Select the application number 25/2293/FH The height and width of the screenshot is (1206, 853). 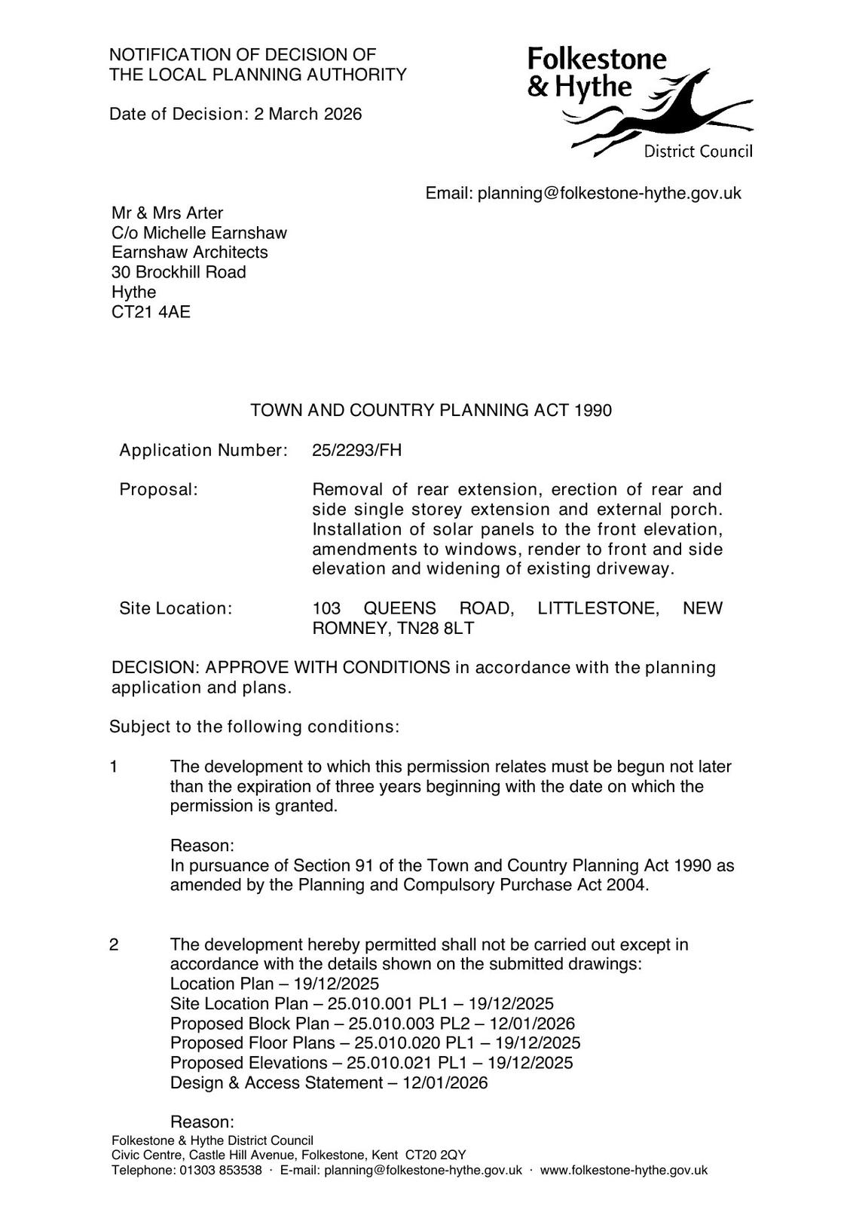point(356,451)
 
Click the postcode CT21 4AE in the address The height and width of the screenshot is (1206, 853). point(151,312)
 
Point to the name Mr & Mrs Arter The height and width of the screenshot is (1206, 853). point(167,213)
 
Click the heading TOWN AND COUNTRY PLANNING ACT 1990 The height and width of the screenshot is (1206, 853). point(431,411)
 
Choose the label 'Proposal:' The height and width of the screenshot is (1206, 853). point(158,490)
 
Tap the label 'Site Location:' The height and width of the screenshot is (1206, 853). point(176,608)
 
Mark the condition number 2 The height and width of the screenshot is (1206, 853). point(114,945)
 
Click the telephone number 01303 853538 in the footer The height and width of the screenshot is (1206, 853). point(220,1171)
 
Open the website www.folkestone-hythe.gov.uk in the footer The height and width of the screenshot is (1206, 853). point(624,1171)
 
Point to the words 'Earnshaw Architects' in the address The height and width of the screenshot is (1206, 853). point(190,253)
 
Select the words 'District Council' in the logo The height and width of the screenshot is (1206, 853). point(698,152)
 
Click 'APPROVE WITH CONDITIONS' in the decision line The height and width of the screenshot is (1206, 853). point(327,668)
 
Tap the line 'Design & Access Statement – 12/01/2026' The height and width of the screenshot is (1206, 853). point(329,1083)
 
